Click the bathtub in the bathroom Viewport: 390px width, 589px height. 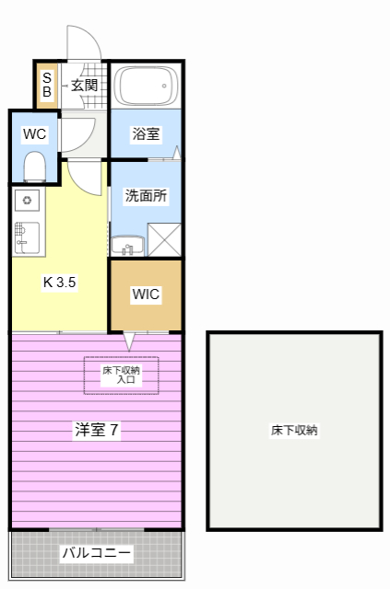point(146,86)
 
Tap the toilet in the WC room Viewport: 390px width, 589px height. point(35,167)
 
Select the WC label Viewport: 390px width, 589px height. point(35,133)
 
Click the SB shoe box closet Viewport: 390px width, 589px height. point(47,86)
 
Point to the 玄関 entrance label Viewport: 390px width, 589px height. point(85,86)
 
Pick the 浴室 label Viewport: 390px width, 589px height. point(146,133)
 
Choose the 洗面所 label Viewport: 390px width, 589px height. point(146,195)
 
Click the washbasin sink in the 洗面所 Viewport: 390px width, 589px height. point(127,245)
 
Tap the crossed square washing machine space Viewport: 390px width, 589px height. point(164,240)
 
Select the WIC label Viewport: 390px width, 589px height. point(146,294)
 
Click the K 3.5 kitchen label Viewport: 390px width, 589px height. point(60,282)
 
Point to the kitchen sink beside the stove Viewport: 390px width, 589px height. point(27,237)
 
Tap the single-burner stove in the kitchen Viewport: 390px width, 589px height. point(27,201)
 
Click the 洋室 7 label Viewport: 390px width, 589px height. point(97,430)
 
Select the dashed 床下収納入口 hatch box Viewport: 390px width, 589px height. point(121,375)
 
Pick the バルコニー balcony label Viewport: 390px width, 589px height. point(97,552)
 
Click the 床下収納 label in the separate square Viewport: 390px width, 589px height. point(294,430)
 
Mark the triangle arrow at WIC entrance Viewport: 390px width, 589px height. point(129,341)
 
